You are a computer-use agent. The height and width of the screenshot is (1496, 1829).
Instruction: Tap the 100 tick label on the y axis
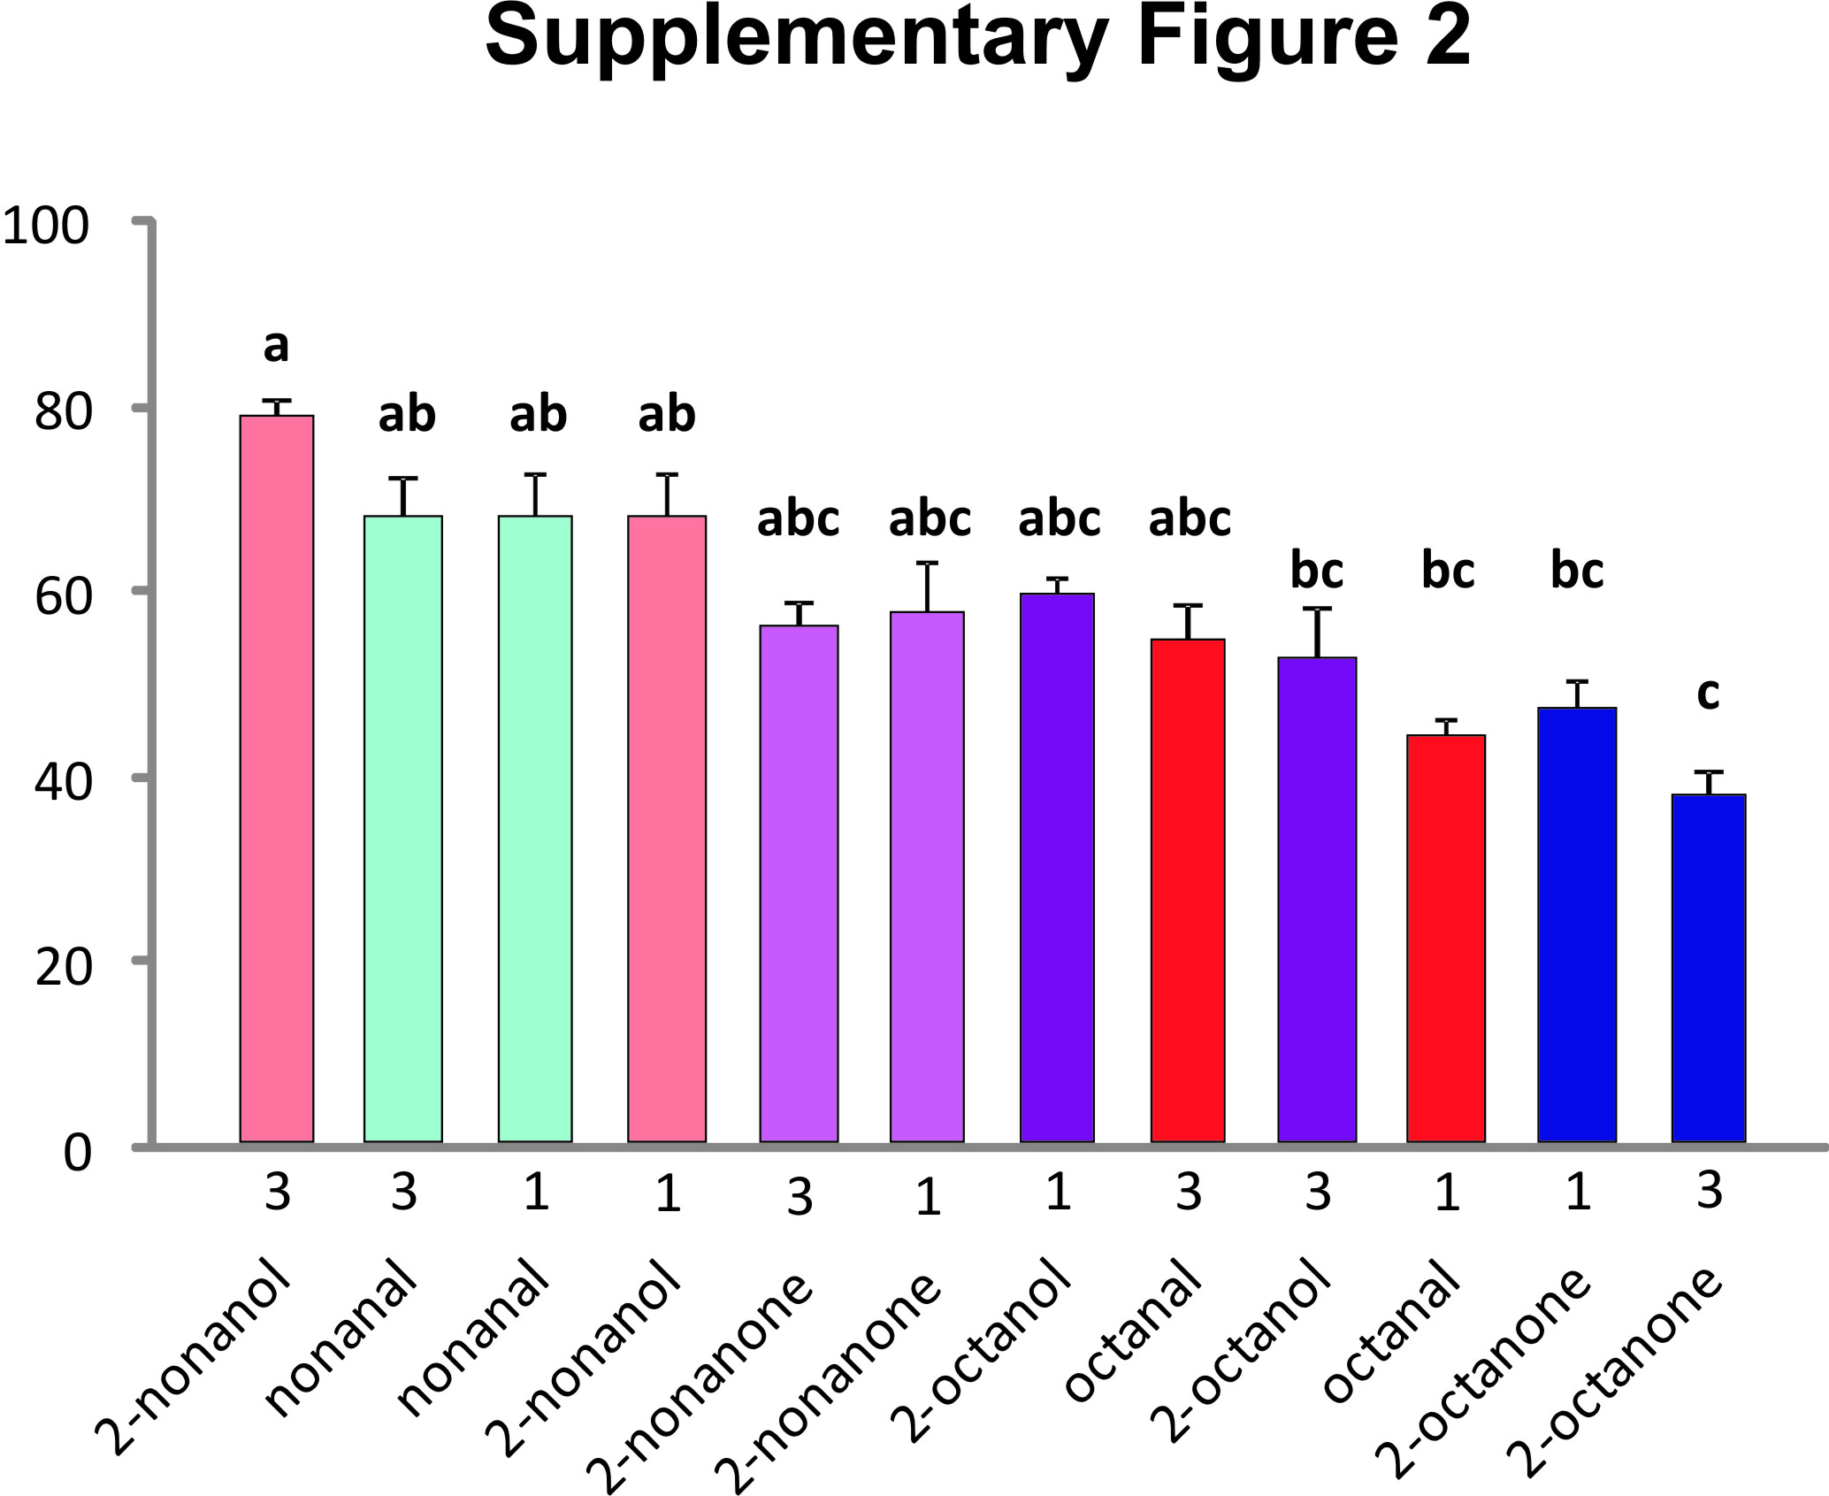pos(46,226)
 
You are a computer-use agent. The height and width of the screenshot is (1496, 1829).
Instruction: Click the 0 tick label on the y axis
pos(77,1153)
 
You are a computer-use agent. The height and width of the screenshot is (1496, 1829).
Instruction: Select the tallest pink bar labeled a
pos(277,779)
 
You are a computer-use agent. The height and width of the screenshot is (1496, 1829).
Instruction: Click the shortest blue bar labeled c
pos(1708,969)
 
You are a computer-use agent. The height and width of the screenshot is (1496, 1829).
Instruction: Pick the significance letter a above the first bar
pos(276,346)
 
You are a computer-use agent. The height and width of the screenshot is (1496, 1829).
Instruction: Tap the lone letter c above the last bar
pos(1708,693)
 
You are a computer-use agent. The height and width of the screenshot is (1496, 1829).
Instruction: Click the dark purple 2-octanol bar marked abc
pos(1057,867)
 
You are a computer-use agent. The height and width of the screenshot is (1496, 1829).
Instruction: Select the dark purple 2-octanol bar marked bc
pos(1317,898)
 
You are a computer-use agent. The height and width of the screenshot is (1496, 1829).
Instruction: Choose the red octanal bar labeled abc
pos(1188,889)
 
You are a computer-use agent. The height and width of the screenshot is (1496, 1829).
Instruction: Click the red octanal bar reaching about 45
pos(1446,938)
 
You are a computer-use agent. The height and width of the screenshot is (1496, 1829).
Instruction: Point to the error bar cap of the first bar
pos(277,401)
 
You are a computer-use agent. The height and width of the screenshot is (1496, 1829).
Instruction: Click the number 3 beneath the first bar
pos(278,1193)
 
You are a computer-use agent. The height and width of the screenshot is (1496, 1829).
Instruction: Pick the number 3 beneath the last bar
pos(1710,1191)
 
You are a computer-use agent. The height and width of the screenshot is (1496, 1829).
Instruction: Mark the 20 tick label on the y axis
pos(63,967)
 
